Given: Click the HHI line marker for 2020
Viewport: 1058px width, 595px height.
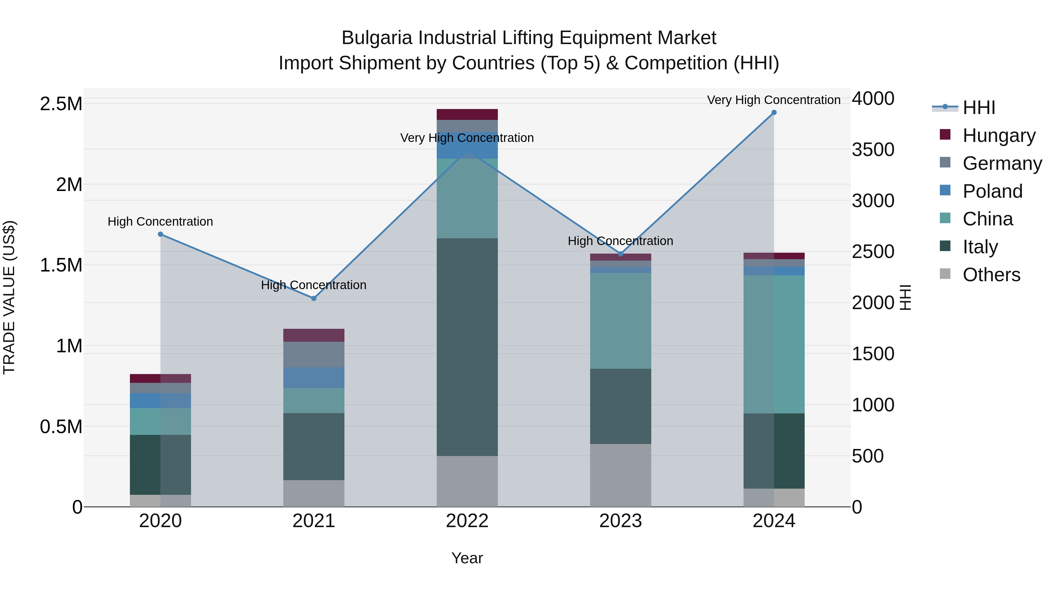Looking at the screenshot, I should coord(160,234).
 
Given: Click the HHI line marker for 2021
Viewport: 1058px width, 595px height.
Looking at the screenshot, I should coord(314,298).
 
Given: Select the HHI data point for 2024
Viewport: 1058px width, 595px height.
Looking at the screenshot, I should coord(774,113).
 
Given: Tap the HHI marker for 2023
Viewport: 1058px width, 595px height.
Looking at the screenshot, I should coord(621,254).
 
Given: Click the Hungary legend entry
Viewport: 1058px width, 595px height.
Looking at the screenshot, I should coord(998,135).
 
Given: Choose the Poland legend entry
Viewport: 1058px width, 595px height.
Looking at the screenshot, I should coord(992,191).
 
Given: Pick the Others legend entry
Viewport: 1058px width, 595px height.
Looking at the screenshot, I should coord(991,274).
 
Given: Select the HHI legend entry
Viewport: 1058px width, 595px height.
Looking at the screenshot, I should coord(978,108).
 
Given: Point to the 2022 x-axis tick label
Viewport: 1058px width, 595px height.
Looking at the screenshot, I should coord(467,521).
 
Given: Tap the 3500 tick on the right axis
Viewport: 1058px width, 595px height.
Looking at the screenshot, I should coord(873,150).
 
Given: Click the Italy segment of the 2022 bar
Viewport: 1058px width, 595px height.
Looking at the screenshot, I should coord(467,347).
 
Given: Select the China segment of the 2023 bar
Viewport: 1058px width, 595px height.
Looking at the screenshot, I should coord(621,320).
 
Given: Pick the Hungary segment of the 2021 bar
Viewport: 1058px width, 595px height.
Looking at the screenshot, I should coord(314,335).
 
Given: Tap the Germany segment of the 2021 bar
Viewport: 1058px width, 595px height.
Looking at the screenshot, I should coord(314,354).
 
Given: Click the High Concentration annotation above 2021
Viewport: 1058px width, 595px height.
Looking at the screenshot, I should coord(314,285).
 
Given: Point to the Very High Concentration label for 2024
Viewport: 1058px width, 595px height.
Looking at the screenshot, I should coord(774,100).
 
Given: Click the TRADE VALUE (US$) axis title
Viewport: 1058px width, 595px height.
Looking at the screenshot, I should coord(9,297).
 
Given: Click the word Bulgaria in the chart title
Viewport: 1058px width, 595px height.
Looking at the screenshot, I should coord(377,38).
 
